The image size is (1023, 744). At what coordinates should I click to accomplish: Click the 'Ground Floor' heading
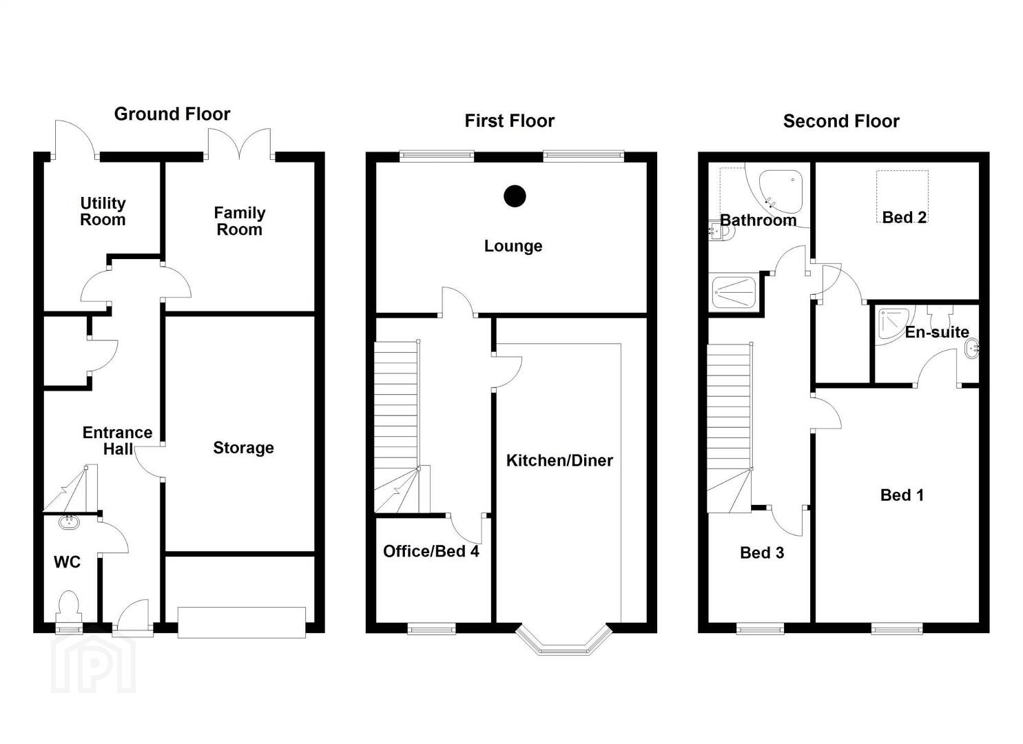click(172, 114)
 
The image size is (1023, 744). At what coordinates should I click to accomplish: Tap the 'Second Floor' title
click(841, 121)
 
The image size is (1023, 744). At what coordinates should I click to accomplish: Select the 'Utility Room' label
click(103, 211)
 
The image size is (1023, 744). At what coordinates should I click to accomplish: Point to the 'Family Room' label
click(240, 221)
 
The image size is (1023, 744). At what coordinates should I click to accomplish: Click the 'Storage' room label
click(243, 448)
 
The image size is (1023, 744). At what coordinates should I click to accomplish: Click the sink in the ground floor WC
click(70, 521)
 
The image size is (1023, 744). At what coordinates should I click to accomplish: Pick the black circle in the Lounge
click(515, 196)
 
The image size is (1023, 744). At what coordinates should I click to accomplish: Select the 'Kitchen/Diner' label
click(559, 460)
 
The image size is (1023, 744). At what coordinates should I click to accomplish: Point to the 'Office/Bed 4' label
click(431, 551)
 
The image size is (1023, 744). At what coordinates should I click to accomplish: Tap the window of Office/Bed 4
click(431, 628)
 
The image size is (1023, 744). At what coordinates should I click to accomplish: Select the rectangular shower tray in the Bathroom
click(734, 292)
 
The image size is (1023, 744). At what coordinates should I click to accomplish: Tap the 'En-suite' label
click(937, 332)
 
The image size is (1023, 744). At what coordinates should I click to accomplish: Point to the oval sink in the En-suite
click(972, 349)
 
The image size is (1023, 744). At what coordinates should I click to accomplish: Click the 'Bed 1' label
click(902, 495)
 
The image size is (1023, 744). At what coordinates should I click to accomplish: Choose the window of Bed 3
click(761, 628)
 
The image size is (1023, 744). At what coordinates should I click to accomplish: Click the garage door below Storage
click(242, 623)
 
